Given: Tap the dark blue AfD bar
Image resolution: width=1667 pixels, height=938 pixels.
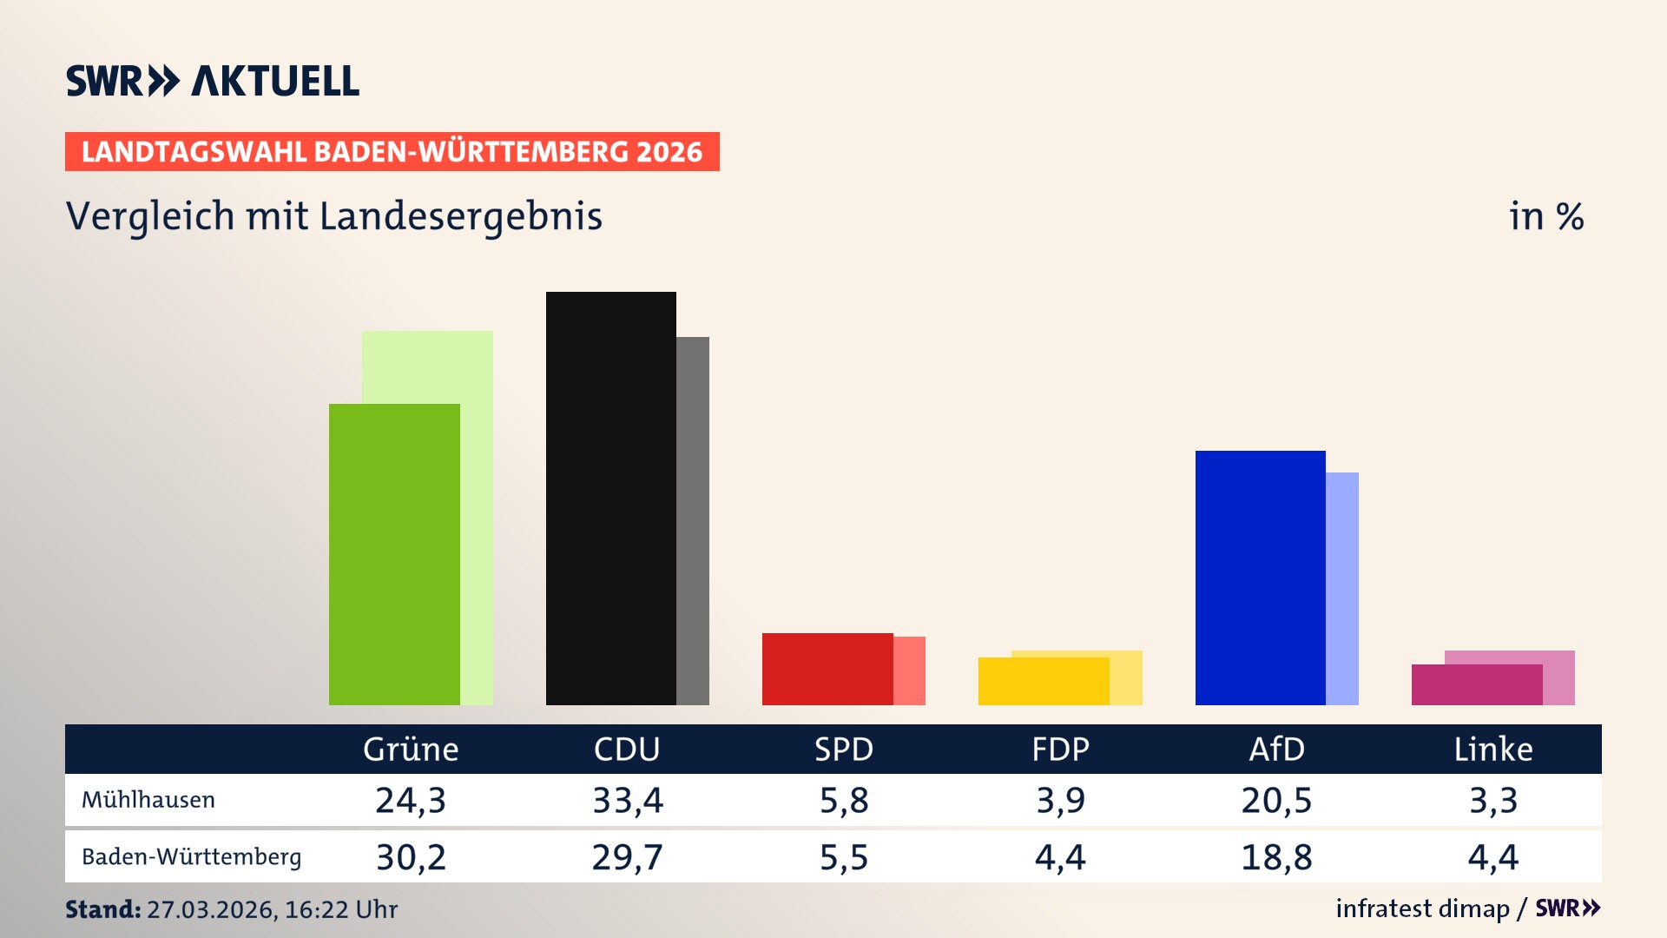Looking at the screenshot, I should [x=1260, y=578].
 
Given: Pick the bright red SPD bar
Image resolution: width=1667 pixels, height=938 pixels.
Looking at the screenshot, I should [x=827, y=669].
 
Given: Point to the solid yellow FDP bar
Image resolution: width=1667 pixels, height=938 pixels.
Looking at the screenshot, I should [x=1043, y=681].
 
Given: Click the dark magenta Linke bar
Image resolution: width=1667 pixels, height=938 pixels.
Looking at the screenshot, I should [x=1476, y=684].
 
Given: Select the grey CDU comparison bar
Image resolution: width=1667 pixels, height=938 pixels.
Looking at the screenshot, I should [x=693, y=521].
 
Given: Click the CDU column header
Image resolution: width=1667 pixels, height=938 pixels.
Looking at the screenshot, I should [x=627, y=750].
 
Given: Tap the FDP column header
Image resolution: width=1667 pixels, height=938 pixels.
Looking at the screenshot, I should [x=1060, y=750].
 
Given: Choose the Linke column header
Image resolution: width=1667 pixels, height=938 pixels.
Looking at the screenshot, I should [x=1493, y=750].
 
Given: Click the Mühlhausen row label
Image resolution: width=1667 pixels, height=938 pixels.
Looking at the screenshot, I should [x=148, y=800].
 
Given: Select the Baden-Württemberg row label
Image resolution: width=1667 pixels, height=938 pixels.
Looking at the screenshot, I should [x=191, y=857].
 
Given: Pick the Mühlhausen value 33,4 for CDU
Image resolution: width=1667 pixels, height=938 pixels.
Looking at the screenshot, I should [x=627, y=800].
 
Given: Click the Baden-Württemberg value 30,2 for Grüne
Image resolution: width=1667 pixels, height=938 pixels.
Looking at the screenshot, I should [x=411, y=857].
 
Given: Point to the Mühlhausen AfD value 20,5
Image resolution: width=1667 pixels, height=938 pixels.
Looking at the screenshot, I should [x=1276, y=800].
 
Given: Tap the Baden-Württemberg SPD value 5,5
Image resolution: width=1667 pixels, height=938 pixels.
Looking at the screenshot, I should [x=844, y=857].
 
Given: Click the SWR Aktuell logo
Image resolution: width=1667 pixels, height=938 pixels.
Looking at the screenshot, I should [x=213, y=81].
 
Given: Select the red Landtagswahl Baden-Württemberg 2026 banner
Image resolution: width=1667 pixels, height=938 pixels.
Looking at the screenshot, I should [x=392, y=152].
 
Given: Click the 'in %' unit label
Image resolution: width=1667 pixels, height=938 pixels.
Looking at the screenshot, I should [x=1546, y=216].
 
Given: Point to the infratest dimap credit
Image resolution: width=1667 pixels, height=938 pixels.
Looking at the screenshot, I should [x=1422, y=908].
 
